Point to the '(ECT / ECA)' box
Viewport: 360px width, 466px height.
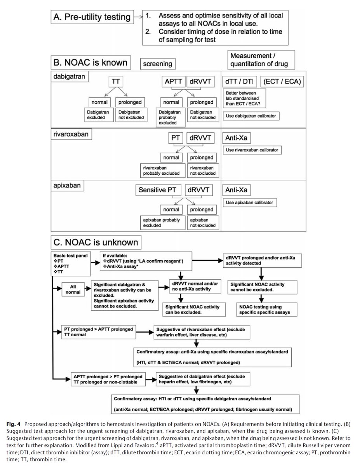click(282, 82)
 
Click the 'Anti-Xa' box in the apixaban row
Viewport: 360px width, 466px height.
click(237, 190)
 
